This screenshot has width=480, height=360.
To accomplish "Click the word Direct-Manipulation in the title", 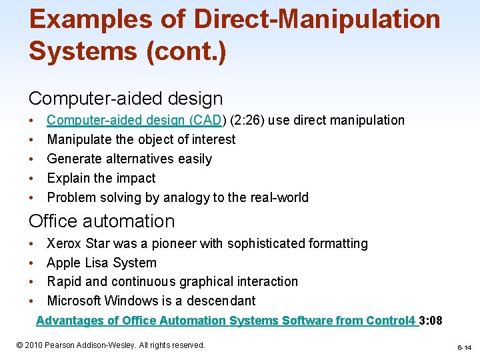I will (x=317, y=19).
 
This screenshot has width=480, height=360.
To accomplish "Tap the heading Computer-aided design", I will (x=125, y=99).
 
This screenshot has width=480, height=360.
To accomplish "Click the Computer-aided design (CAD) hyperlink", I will (x=137, y=121).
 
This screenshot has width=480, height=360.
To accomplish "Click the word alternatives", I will (x=141, y=159).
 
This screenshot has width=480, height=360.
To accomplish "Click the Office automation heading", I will (x=101, y=221).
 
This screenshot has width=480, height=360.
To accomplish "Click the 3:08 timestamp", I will (x=431, y=321).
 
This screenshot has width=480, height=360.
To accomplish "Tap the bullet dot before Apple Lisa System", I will (x=33, y=263).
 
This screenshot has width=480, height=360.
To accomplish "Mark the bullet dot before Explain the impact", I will (x=33, y=179).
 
